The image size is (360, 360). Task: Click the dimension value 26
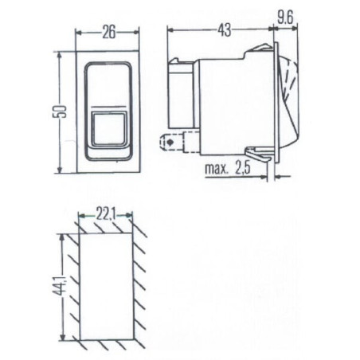pyautogui.click(x=109, y=33)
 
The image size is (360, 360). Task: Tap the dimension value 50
pyautogui.click(x=61, y=112)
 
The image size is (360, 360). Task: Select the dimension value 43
pyautogui.click(x=225, y=30)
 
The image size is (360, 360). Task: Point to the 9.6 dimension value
pyautogui.click(x=285, y=18)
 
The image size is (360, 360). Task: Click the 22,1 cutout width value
pyautogui.click(x=105, y=215)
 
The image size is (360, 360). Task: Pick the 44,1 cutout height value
pyautogui.click(x=62, y=287)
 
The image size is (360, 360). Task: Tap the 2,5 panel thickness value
pyautogui.click(x=242, y=168)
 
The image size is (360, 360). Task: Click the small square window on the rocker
pyautogui.click(x=109, y=129)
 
